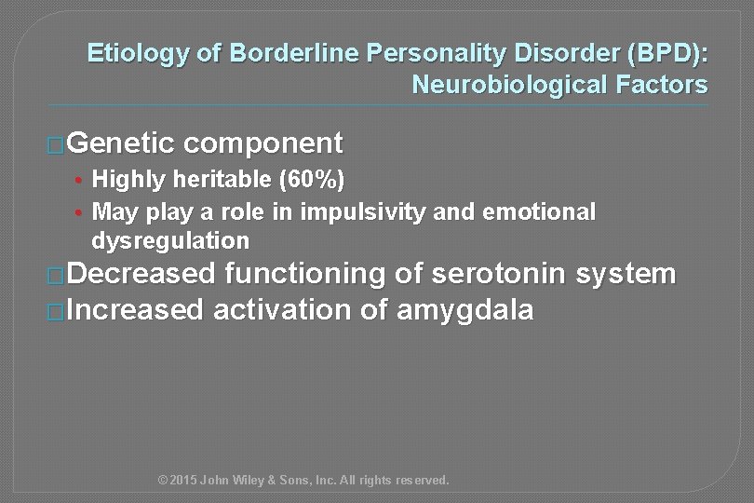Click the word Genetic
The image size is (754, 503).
[x=121, y=143]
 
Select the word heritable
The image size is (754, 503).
[x=219, y=179]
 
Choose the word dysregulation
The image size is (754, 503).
[x=171, y=241]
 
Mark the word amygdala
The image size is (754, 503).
[x=465, y=310]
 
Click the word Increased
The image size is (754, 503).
[x=134, y=310]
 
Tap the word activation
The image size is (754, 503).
[x=285, y=310]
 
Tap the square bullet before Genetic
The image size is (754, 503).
[x=57, y=145]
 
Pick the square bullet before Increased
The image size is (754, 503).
[x=57, y=312]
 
